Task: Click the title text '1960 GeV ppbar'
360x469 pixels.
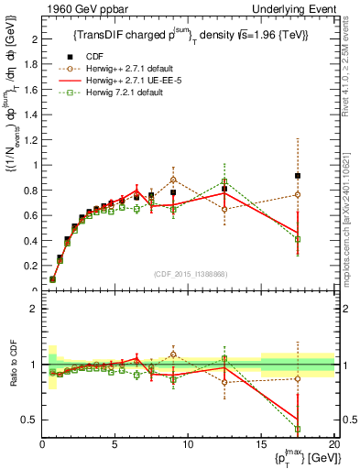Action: pyautogui.click(x=75, y=8)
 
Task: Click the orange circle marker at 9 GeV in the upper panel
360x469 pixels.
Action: pyautogui.click(x=173, y=180)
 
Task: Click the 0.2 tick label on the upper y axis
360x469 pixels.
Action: pyautogui.click(x=29, y=266)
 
